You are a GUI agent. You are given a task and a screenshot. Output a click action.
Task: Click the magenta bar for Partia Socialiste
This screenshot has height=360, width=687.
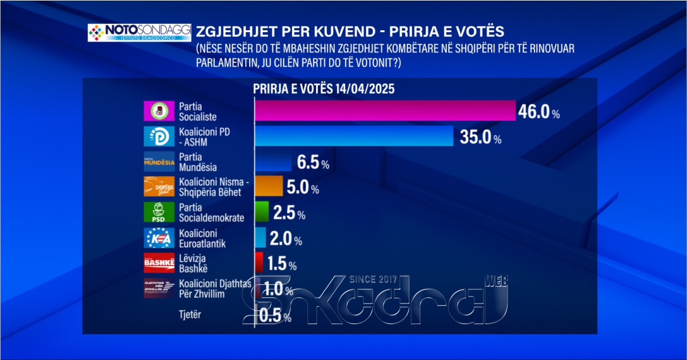tap(384, 111)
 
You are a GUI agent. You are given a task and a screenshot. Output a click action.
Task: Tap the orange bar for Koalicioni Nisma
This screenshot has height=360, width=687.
tap(268, 186)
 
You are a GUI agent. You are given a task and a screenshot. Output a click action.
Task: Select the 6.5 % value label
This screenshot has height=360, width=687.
tap(313, 163)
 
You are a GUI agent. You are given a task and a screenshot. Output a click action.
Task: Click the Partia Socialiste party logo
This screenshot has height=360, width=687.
tap(158, 111)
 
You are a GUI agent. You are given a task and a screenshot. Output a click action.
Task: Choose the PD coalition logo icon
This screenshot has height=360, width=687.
tap(158, 137)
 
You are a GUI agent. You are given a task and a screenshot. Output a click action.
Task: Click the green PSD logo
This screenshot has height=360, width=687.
tap(158, 212)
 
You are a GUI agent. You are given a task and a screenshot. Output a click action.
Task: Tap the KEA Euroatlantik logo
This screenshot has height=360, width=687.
tap(158, 238)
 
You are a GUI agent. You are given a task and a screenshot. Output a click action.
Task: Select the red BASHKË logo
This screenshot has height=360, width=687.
tap(158, 263)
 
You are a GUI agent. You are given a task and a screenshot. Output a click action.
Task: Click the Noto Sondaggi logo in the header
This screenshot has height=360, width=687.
tap(139, 32)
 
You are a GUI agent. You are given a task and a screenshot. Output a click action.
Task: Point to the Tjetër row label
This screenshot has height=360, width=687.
tap(190, 314)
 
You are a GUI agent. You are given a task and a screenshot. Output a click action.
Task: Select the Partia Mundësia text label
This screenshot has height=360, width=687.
tap(198, 162)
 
